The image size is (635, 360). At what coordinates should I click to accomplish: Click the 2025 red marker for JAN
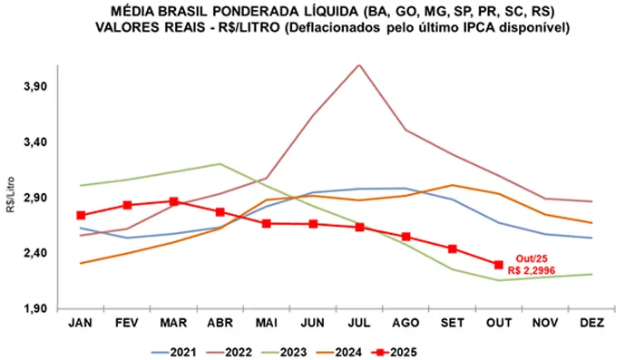[81, 215]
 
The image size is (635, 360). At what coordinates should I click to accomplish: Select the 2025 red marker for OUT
[498, 265]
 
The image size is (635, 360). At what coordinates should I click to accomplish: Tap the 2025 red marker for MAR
[173, 201]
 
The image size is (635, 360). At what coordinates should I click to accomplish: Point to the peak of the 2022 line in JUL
[359, 65]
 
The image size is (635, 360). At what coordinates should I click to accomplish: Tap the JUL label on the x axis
[359, 322]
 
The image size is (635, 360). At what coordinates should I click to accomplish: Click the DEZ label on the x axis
[591, 322]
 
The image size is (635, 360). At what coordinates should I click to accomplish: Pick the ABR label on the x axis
[220, 322]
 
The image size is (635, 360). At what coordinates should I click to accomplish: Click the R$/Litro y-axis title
[9, 198]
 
